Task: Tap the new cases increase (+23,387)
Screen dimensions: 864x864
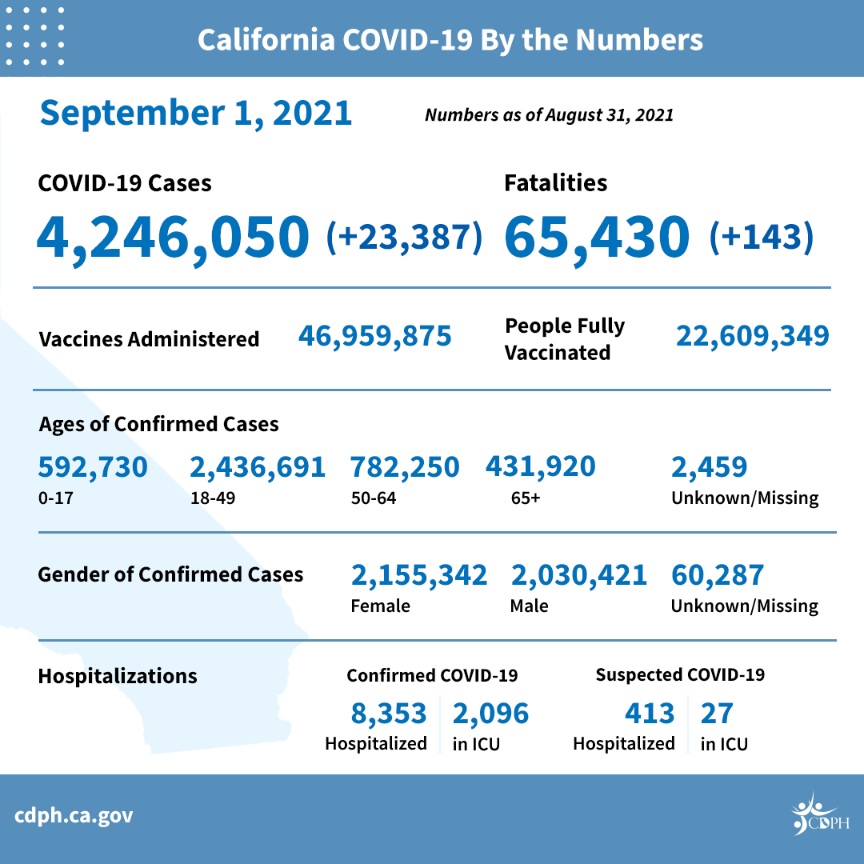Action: [x=404, y=237]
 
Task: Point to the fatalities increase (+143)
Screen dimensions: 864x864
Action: [x=761, y=237]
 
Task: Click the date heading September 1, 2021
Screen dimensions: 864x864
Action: [x=196, y=113]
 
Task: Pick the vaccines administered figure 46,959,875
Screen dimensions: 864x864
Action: [x=374, y=336]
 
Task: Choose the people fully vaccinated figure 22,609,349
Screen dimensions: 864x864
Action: [x=752, y=336]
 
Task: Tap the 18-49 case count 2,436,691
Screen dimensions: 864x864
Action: [x=257, y=467]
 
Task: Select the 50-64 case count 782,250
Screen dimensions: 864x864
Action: [x=405, y=467]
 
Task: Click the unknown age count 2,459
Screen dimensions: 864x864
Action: [x=709, y=467]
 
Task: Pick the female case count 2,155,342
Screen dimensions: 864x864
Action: [x=418, y=575]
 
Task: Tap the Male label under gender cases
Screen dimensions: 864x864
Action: [x=529, y=606]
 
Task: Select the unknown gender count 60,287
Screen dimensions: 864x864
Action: [x=718, y=575]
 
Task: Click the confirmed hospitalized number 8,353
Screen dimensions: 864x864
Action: [x=389, y=713]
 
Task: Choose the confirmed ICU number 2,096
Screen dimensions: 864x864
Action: [x=490, y=713]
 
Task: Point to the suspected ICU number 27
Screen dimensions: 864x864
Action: [x=716, y=713]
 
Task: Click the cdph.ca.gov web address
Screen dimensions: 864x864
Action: [x=74, y=817]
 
